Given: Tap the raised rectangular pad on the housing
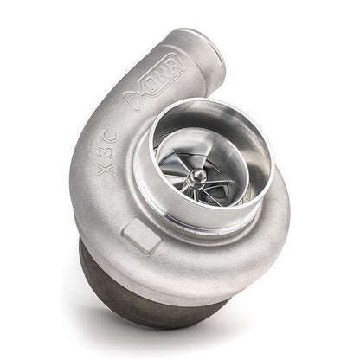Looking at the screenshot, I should point(142,235).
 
